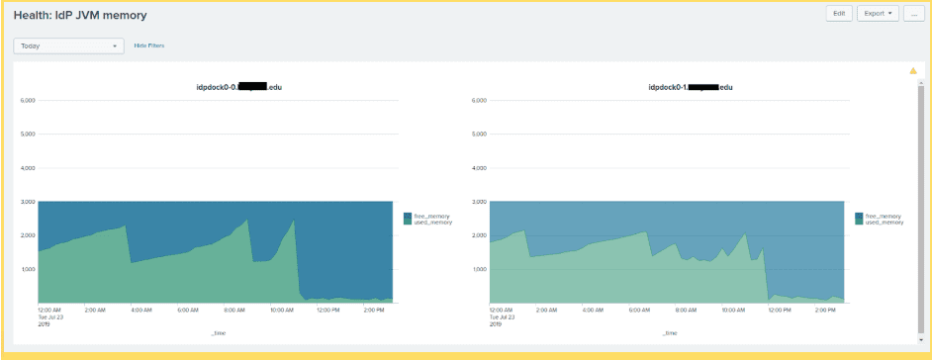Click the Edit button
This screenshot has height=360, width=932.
(839, 14)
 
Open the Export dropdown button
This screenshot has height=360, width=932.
(877, 14)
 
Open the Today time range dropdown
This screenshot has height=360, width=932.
(68, 45)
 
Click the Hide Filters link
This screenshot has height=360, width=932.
(149, 45)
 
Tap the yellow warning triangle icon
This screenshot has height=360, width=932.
(913, 71)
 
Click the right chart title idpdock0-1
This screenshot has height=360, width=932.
(690, 87)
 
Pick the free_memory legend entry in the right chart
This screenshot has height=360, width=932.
(884, 215)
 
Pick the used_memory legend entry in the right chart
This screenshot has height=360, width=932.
(884, 223)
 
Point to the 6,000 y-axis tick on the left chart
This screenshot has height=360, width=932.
(28, 100)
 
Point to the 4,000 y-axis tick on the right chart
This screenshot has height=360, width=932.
(481, 168)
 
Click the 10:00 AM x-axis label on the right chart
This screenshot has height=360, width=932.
(732, 310)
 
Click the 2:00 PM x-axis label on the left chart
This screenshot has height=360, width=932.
(372, 310)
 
